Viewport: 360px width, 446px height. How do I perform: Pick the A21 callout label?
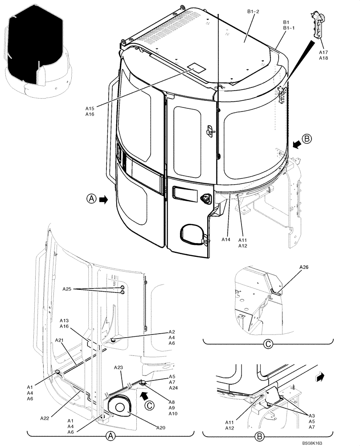pos(60,340)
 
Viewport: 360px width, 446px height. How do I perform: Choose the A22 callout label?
pos(45,418)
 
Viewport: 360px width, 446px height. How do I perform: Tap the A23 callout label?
pos(119,367)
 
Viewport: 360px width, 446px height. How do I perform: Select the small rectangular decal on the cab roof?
pos(195,68)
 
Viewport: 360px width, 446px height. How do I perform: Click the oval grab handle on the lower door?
pos(192,235)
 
